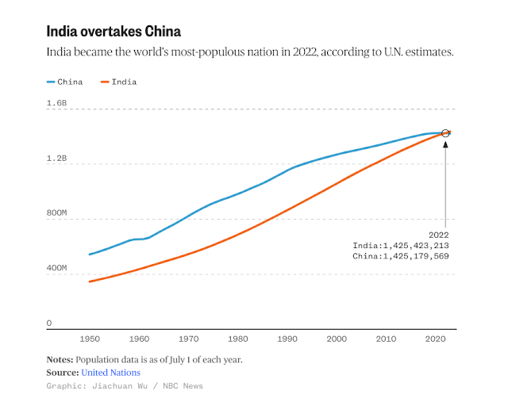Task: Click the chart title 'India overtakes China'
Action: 114,32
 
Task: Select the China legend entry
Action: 65,82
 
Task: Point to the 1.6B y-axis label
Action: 56,104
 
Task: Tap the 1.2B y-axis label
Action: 56,159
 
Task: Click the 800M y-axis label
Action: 56,213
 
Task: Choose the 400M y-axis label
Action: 56,269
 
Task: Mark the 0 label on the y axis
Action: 48,324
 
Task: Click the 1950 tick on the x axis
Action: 89,339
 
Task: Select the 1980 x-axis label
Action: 237,339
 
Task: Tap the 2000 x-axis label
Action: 337,339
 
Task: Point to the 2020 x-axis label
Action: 435,339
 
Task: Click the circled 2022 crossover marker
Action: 445,133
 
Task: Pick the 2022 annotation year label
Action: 439,235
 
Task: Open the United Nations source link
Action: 110,372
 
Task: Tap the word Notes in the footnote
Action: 60,358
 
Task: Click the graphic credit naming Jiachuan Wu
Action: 125,386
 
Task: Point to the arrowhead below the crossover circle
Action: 445,143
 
